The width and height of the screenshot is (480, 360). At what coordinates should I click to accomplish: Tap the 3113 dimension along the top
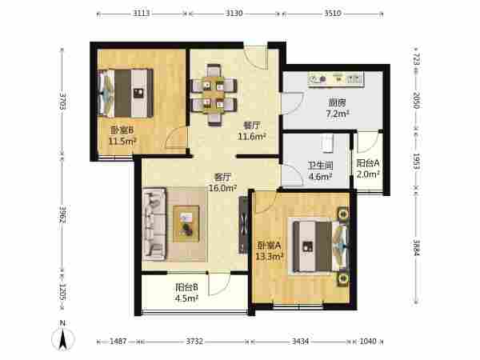(142, 13)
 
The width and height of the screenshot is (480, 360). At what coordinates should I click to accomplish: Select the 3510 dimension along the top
(333, 13)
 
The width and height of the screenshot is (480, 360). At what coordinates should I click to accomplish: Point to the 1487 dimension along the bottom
(118, 341)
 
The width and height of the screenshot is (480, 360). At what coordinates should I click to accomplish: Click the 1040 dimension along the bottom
(368, 341)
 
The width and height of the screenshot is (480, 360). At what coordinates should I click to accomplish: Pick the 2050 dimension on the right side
(416, 100)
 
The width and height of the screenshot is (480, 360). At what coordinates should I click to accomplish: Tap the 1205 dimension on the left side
(62, 292)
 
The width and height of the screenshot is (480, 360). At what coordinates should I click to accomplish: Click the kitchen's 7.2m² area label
(338, 114)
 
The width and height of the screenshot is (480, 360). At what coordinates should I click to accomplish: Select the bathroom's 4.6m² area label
(320, 176)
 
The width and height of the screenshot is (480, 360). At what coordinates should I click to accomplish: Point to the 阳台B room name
(186, 287)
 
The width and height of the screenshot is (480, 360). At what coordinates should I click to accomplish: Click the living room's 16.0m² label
(222, 188)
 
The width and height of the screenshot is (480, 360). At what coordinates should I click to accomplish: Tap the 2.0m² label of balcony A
(368, 174)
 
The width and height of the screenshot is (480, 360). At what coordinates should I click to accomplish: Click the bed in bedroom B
(126, 93)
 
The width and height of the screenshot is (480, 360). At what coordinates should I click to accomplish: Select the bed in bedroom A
(321, 246)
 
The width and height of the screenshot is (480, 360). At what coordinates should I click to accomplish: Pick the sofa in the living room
(154, 224)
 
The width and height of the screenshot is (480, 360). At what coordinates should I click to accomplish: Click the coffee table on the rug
(186, 224)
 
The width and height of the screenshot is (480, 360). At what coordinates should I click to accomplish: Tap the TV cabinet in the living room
(243, 226)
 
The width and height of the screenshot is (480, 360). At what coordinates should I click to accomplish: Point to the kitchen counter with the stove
(336, 79)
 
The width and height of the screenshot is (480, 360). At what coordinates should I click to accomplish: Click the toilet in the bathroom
(327, 143)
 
